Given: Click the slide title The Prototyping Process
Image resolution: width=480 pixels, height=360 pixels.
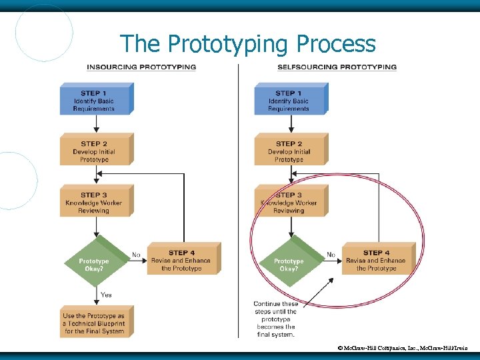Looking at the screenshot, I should coord(247,44).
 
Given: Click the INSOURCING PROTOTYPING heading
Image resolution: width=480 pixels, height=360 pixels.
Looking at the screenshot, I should coord(141,67).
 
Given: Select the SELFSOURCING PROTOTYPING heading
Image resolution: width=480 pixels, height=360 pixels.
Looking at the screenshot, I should coord(337,67).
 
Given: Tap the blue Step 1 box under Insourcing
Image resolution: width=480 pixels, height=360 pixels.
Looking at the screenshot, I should coord(95,100).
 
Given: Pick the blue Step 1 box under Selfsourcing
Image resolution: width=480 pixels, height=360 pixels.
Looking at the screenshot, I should coord(289,100).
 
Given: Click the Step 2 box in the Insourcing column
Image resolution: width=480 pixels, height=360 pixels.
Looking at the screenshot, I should coord(95,151).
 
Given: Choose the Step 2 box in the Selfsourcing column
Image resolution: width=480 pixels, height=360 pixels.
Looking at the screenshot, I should coord(289,151).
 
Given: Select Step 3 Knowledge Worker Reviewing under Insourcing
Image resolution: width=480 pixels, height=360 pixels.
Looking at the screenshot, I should coord(95,202).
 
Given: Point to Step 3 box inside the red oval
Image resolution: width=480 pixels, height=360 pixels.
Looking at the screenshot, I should coord(289,202).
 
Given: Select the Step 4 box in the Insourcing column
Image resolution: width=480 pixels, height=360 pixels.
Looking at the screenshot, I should coord(182,260).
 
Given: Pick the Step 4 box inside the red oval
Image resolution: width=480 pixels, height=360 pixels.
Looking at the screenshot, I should coord(377,260).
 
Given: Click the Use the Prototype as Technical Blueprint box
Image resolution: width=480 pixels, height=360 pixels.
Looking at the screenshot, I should coord(95,323).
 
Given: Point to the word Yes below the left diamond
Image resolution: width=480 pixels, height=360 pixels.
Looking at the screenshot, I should coord(106,295).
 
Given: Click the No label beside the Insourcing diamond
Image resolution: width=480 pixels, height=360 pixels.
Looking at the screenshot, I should coord(136,255).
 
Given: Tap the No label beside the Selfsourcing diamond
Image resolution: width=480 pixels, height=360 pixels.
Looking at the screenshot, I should coord(331,255).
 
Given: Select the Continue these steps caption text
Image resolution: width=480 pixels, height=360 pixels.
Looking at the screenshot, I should coord(275,319).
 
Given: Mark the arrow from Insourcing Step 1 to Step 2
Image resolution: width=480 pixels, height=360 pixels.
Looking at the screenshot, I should coord(95,123).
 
